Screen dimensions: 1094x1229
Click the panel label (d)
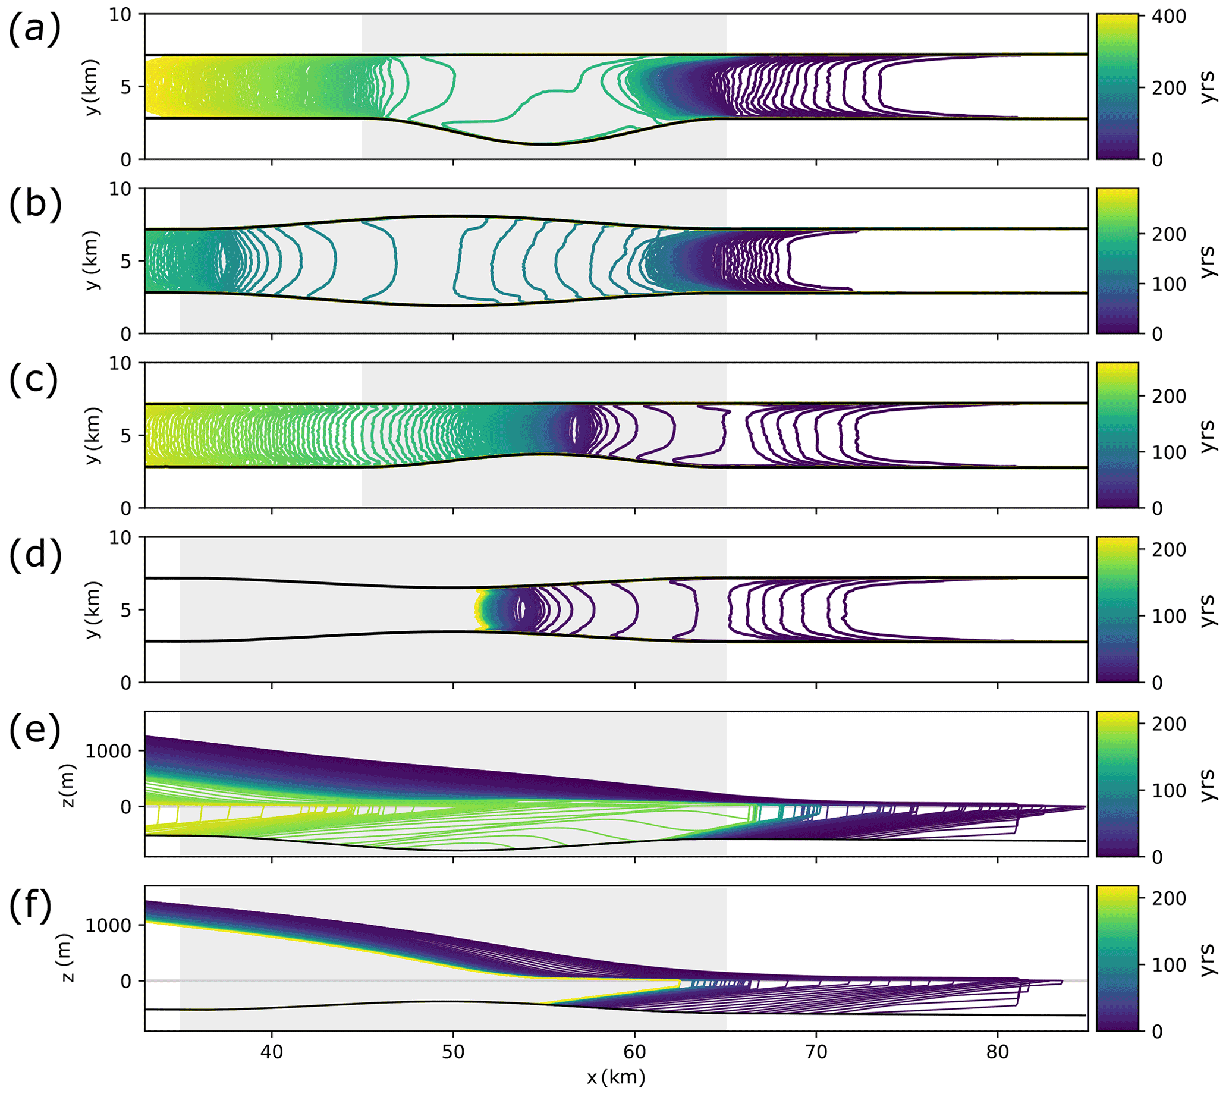[35, 554]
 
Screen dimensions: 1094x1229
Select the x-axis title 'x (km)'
[616, 1077]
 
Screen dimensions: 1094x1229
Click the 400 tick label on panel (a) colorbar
[1169, 16]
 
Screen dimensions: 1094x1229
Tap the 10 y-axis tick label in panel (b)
[120, 189]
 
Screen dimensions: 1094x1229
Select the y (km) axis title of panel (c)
[93, 436]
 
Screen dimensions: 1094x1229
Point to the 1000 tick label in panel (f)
[108, 925]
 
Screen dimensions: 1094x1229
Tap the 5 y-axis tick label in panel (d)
[126, 610]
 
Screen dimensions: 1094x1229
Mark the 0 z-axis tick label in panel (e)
[126, 807]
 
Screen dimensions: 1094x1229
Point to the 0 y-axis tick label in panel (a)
[126, 160]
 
